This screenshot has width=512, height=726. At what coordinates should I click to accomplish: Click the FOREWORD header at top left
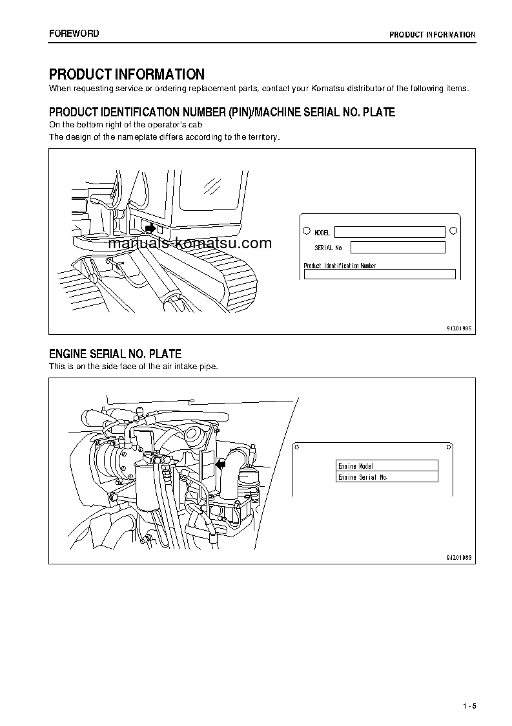click(74, 34)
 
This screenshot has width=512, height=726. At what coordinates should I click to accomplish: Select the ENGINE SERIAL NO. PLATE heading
click(115, 354)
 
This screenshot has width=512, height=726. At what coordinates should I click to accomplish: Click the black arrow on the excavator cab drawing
click(150, 228)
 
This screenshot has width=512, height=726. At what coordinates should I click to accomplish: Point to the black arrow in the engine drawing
click(221, 463)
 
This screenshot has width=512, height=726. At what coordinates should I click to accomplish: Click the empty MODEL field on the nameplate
click(389, 232)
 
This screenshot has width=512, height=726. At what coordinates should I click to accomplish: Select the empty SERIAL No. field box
click(398, 248)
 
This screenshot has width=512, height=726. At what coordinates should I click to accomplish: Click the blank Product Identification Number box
click(380, 274)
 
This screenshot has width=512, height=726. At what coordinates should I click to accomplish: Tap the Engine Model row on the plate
click(387, 465)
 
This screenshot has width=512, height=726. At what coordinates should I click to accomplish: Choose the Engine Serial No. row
click(387, 477)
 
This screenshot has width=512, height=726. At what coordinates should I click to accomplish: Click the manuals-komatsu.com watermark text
click(190, 244)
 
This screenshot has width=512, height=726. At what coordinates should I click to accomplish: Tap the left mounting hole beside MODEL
click(305, 231)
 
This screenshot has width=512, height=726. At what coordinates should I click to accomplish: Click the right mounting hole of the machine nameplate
click(453, 230)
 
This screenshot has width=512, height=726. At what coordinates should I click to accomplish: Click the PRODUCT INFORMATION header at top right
click(432, 35)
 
